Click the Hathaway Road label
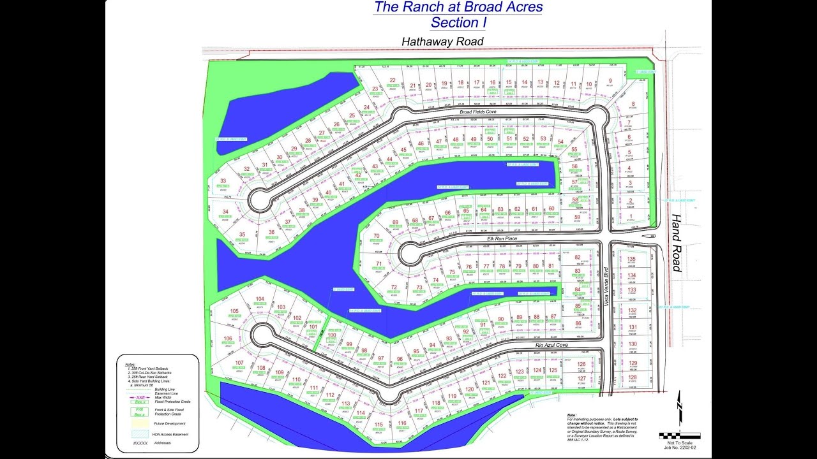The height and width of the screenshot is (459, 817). click(x=442, y=41)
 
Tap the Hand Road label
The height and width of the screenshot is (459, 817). click(x=677, y=242)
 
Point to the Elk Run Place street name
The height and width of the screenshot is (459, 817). click(x=502, y=238)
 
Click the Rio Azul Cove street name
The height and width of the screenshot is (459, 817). click(x=552, y=345)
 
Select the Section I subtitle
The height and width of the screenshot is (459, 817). click(x=458, y=23)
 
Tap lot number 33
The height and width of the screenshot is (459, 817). click(x=223, y=181)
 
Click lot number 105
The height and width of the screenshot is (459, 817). click(x=234, y=311)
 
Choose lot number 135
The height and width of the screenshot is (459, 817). click(x=632, y=259)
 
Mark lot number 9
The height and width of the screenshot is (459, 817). click(x=610, y=81)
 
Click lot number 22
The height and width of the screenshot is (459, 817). click(x=393, y=80)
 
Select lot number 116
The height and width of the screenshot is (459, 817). click(x=401, y=423)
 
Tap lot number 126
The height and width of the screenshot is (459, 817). click(x=581, y=365)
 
